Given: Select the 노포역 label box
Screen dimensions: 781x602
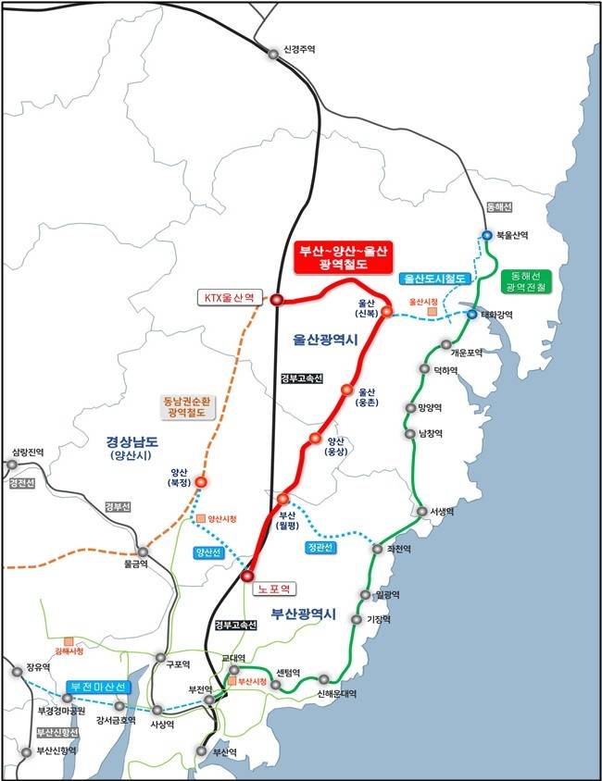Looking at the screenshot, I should (x=275, y=588).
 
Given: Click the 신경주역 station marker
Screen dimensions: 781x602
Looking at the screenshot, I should (x=273, y=54).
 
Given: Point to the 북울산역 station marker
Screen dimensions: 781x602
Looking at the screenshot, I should (x=487, y=236).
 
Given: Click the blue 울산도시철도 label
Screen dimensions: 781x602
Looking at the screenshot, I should (x=435, y=279).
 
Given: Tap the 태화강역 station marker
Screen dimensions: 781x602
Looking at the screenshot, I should (x=471, y=315).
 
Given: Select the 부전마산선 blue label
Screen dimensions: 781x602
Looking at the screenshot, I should (x=98, y=688).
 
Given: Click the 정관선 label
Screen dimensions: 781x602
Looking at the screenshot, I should (x=319, y=548).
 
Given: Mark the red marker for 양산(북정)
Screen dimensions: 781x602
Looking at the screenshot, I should (x=201, y=481).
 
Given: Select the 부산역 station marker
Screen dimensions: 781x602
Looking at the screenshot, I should (x=202, y=752).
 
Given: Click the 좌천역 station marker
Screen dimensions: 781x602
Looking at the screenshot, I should (x=377, y=549).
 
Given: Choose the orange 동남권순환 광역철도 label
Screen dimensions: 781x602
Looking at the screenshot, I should (x=187, y=408).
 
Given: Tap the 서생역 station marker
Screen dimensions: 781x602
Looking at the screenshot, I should (x=421, y=511).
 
